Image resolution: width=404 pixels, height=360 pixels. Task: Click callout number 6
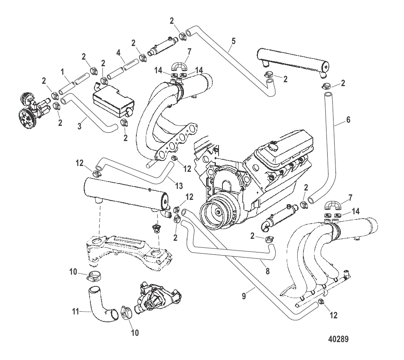[x=348, y=120]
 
